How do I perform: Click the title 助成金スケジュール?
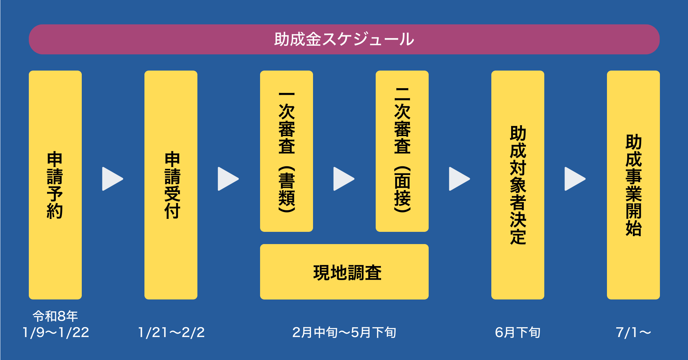344,39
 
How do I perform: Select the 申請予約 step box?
55,185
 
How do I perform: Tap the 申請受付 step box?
171,185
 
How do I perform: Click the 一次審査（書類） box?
286,151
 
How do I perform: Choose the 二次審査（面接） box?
402,151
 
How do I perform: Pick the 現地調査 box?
344,272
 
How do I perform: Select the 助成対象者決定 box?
518,185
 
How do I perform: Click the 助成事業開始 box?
633,185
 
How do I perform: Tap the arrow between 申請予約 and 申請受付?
112,179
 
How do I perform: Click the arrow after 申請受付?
228,179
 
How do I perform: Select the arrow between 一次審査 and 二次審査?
343,179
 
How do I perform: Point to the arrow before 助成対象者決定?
459,179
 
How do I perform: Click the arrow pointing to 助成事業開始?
575,179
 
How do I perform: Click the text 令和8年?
55,316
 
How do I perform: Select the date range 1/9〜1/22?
55,332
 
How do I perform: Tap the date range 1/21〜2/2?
171,332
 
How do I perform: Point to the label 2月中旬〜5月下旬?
344,332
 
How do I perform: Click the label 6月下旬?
518,332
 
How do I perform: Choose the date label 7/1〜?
633,332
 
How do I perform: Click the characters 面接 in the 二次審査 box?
402,189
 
